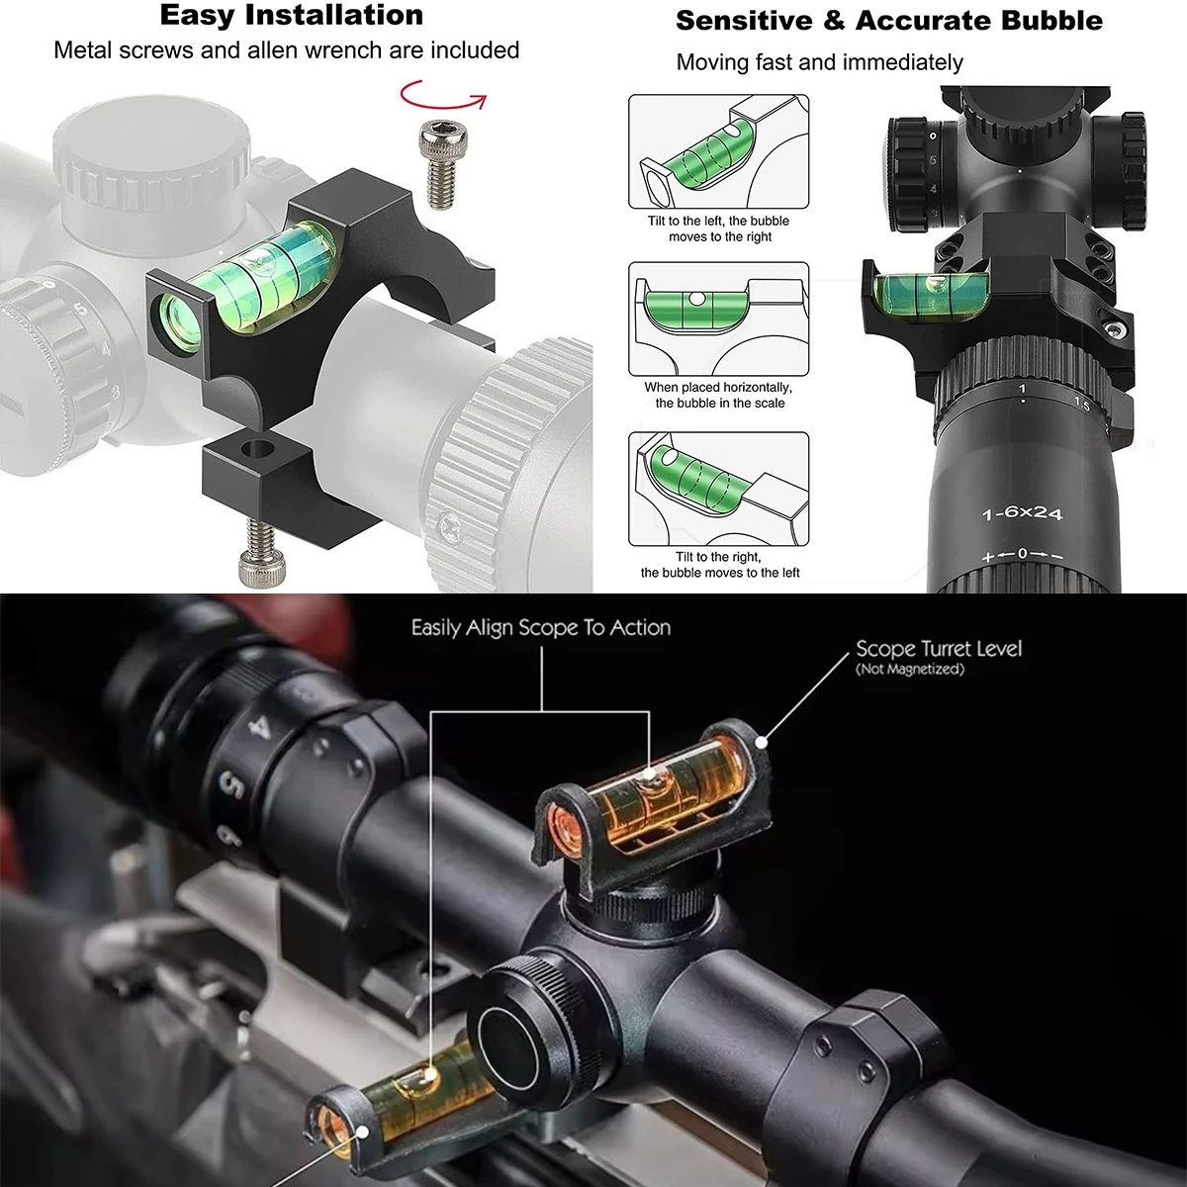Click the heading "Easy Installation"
tap(292, 16)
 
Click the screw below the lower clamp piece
tap(263, 551)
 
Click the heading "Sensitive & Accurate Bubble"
tap(889, 21)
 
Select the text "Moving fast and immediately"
tap(819, 62)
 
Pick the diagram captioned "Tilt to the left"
tap(718, 151)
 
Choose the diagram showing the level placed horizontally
tap(718, 320)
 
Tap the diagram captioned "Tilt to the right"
tap(718, 489)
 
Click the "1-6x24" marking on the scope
tap(1022, 512)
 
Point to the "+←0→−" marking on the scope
tap(1022, 554)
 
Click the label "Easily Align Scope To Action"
tap(541, 628)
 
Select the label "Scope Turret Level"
tap(939, 649)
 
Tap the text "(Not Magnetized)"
tap(910, 669)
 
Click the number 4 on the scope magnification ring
tap(260, 729)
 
